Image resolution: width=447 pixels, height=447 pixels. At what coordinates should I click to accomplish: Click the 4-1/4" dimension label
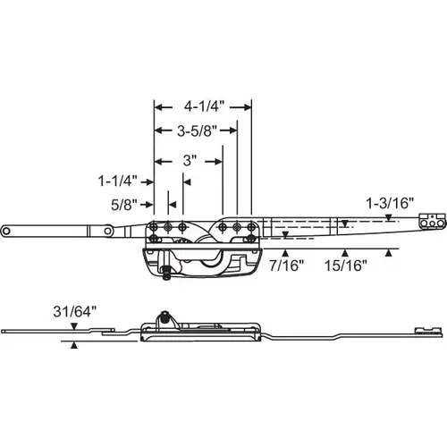point(204,106)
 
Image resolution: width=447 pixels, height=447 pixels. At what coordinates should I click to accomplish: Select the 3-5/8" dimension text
point(198,131)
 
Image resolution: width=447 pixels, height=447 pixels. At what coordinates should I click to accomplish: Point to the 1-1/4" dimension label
point(118,181)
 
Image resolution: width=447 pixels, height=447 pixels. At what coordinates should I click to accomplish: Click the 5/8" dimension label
point(124,205)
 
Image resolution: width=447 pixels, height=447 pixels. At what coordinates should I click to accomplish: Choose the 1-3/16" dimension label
point(390,203)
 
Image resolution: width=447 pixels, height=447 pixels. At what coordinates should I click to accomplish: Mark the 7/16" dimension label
point(287,266)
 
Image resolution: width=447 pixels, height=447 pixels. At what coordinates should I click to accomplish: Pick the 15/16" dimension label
point(346,266)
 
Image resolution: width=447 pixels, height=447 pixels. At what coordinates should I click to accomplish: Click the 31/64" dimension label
point(75,312)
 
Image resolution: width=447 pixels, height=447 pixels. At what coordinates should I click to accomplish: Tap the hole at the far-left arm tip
point(5,231)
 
